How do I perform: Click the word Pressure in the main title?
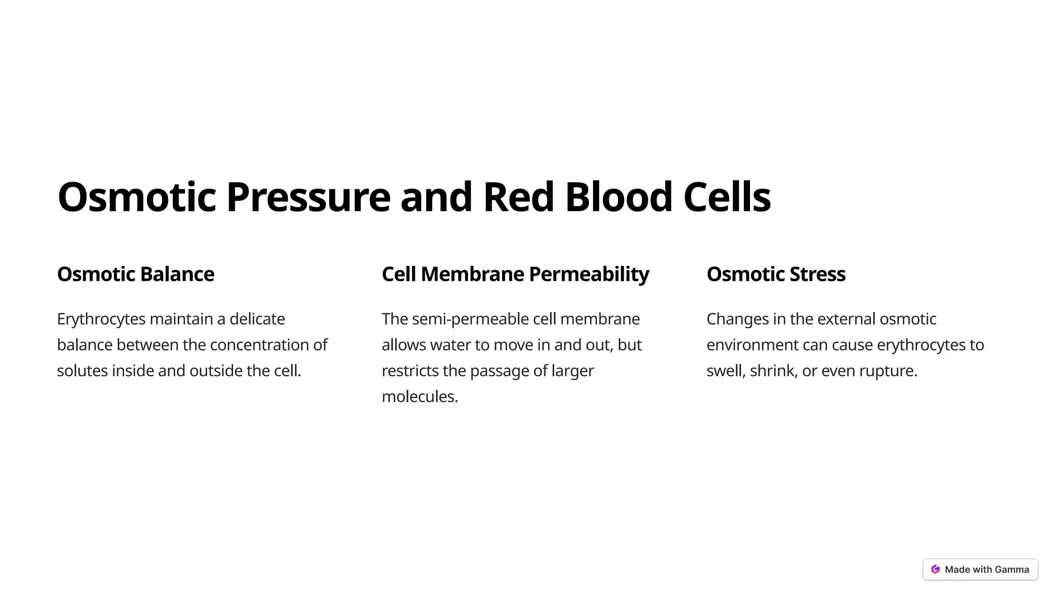(308, 197)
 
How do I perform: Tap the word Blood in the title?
(618, 197)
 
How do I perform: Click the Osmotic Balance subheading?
(135, 274)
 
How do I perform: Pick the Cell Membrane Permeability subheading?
(515, 274)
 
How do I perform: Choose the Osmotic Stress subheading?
(776, 274)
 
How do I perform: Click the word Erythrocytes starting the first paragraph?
(101, 319)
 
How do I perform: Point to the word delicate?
(257, 319)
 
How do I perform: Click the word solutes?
(82, 371)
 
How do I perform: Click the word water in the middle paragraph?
(450, 345)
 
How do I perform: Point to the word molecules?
(419, 397)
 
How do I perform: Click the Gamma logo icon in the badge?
(936, 570)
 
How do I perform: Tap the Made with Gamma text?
(987, 570)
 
